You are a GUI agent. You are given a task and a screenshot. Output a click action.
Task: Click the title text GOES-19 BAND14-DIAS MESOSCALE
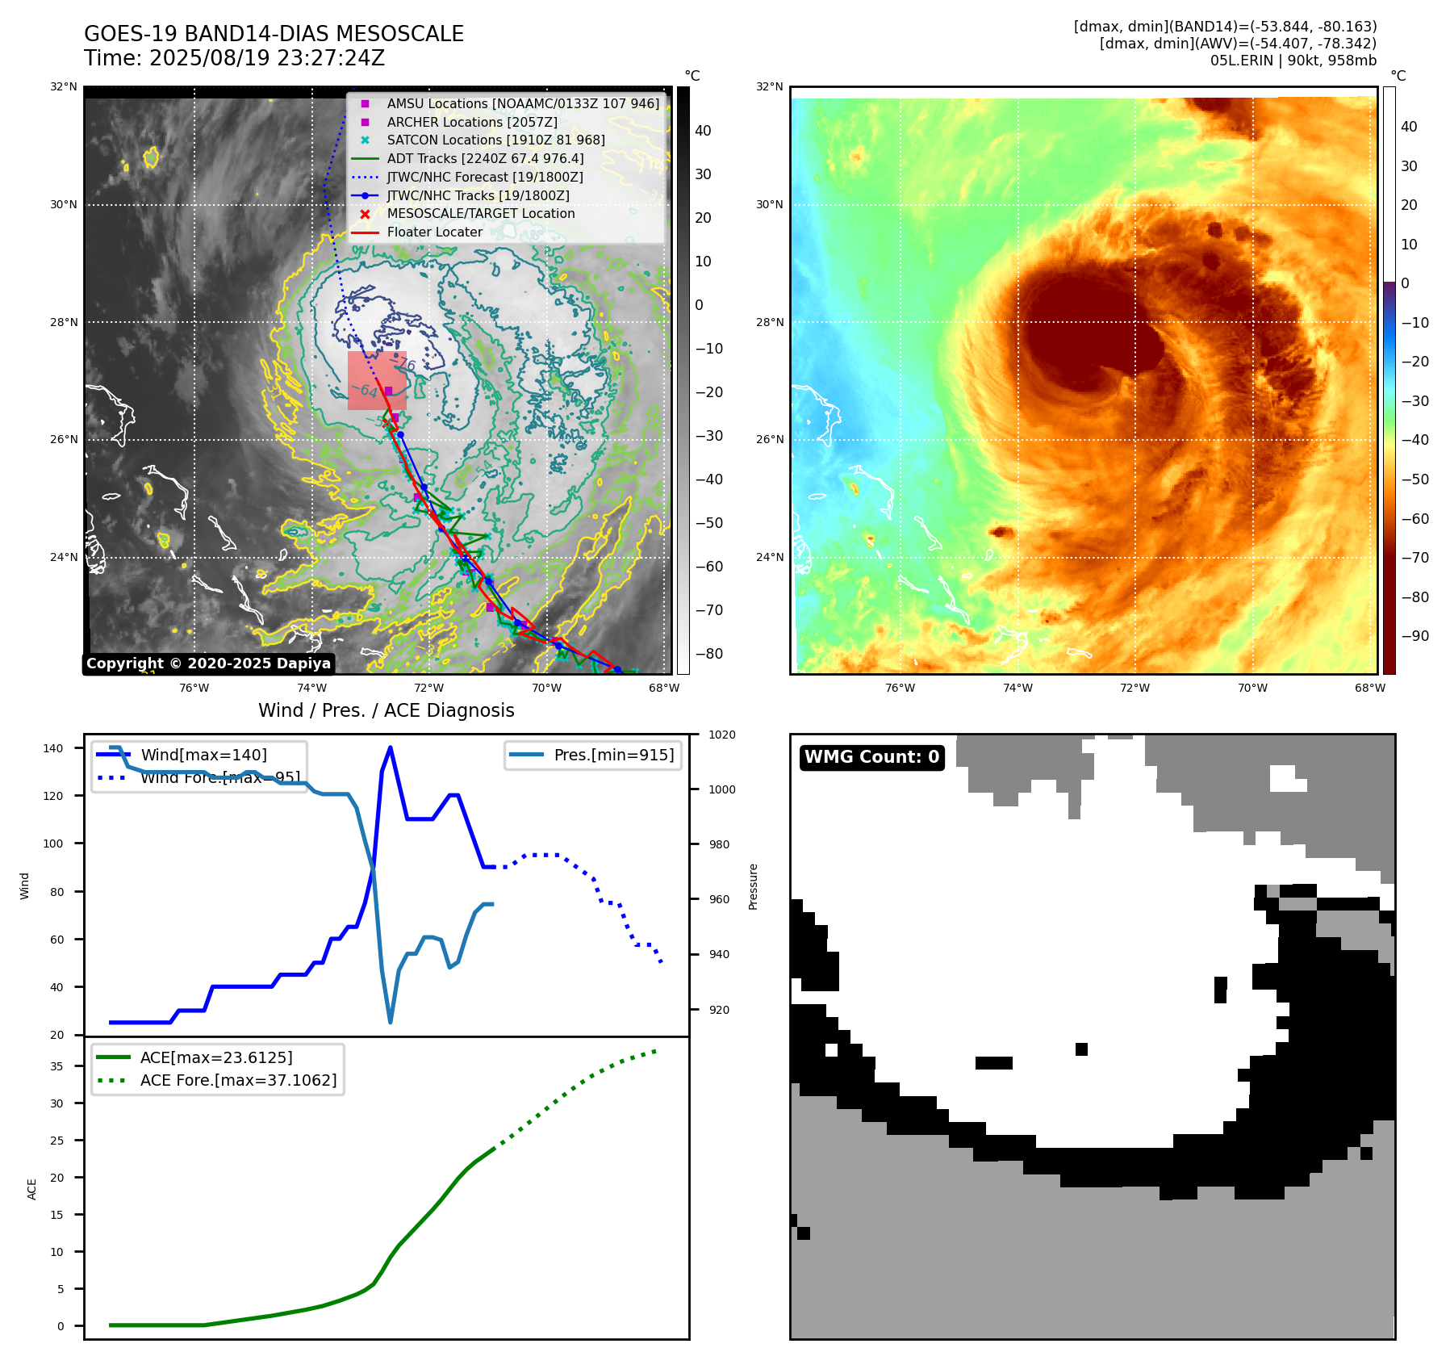[274, 34]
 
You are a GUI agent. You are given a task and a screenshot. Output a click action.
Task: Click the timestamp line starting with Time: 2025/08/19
[234, 58]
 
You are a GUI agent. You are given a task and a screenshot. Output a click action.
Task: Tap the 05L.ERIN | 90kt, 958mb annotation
[1293, 61]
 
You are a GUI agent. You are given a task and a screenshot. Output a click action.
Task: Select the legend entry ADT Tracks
[484, 159]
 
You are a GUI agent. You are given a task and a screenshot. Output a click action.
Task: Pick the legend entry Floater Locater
[434, 232]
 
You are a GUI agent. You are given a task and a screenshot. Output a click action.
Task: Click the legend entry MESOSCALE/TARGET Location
[480, 214]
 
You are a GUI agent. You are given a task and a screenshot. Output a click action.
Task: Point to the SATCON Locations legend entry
[495, 140]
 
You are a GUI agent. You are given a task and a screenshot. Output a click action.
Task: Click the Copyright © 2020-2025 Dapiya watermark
[208, 664]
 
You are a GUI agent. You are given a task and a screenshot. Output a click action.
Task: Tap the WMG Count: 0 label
[871, 757]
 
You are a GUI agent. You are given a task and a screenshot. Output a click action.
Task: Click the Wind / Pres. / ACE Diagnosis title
[386, 710]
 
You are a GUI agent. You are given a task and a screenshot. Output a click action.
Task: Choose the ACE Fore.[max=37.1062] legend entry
[238, 1080]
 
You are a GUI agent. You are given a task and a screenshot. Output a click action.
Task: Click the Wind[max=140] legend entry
[203, 756]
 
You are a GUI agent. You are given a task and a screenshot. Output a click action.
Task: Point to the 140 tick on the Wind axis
[53, 748]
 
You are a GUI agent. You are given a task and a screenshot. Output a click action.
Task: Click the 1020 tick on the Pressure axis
[721, 735]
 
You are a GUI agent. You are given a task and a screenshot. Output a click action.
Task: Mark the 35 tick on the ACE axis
[56, 1066]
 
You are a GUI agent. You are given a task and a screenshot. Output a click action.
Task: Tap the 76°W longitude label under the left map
[194, 688]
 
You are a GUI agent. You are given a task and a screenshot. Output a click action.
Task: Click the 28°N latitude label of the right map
[769, 322]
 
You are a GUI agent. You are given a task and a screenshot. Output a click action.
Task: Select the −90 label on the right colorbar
[1414, 636]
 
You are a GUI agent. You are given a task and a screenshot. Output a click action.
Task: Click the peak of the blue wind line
[391, 747]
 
